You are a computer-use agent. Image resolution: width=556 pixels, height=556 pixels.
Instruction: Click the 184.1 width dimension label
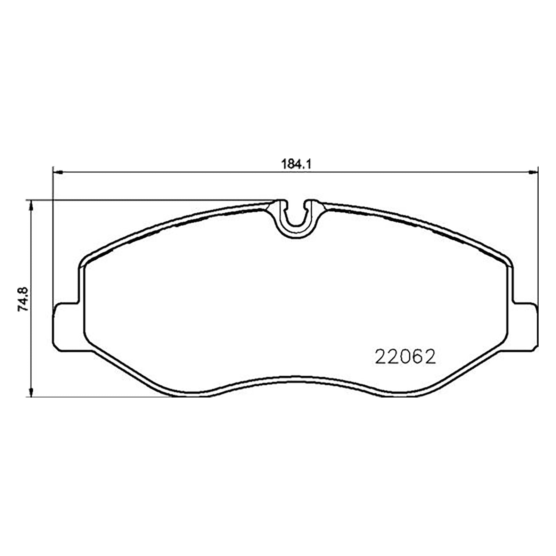(295, 164)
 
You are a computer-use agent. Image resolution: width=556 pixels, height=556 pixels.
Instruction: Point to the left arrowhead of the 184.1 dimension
(57, 172)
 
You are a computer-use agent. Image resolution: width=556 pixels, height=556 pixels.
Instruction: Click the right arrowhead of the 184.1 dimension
(533, 172)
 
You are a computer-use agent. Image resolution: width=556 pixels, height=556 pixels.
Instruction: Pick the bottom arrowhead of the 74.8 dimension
(31, 392)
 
